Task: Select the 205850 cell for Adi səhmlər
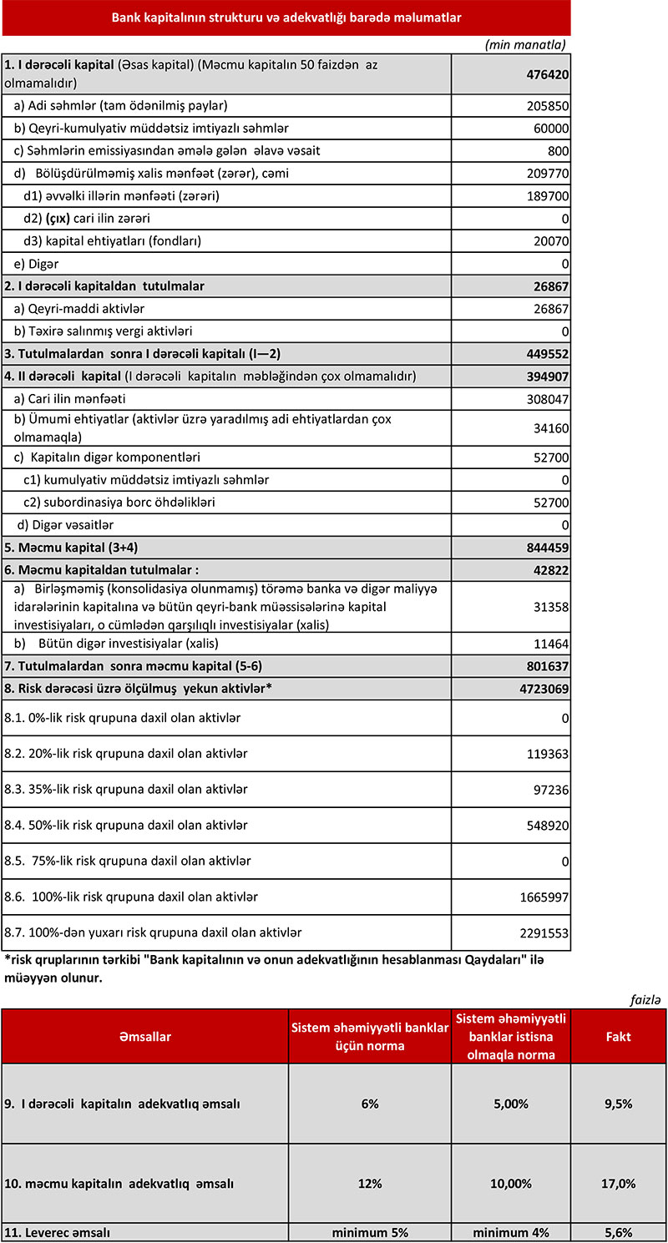coord(547,106)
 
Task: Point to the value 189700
coord(547,196)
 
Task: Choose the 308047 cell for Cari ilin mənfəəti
coord(547,399)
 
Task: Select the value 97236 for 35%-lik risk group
coord(550,790)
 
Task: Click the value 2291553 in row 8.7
coord(543,932)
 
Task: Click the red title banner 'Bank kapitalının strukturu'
coord(286,17)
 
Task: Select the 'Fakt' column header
coord(618,1037)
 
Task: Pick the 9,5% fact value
coord(618,1104)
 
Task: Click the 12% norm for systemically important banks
coord(371,1184)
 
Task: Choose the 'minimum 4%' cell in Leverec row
coord(509,1232)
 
